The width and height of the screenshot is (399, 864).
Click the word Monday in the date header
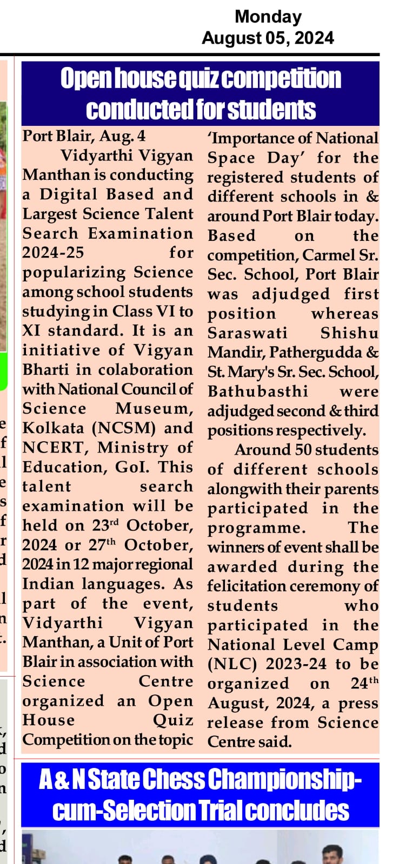click(268, 17)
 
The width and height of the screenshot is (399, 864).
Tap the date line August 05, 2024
click(268, 38)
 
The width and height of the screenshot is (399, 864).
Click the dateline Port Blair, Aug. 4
click(84, 136)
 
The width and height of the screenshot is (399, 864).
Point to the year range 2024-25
click(53, 253)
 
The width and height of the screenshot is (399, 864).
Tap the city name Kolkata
click(53, 428)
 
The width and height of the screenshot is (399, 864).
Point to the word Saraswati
click(248, 333)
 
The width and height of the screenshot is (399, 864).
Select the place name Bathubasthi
click(257, 391)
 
